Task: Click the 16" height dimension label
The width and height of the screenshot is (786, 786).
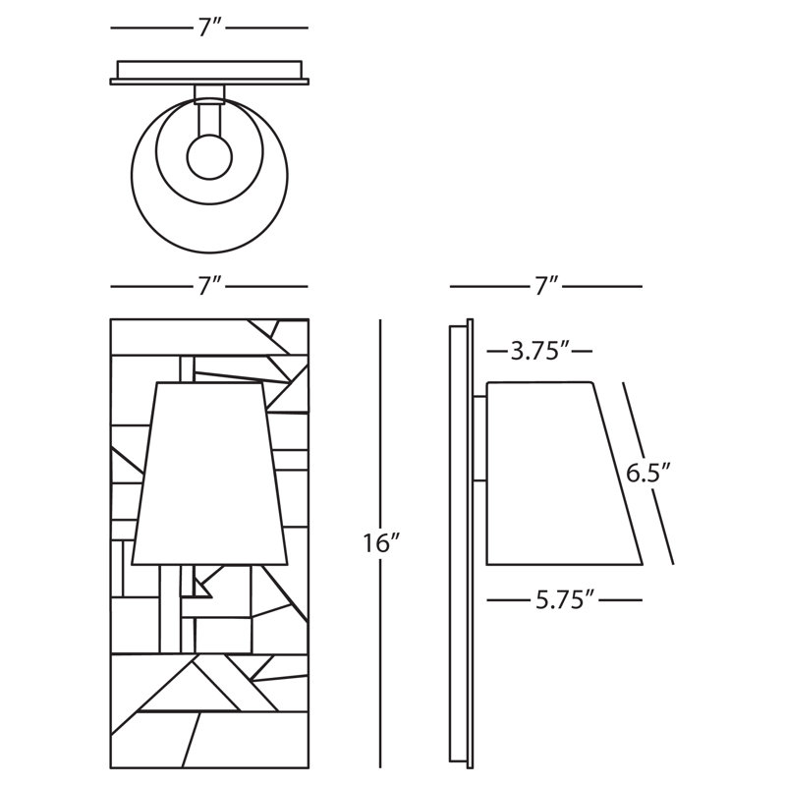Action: tap(380, 543)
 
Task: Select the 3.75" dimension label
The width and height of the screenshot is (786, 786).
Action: tap(539, 351)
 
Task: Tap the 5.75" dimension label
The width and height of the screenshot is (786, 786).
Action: tap(564, 599)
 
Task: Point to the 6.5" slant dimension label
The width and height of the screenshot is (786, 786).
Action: tap(647, 474)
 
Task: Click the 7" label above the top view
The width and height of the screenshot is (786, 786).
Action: tap(209, 28)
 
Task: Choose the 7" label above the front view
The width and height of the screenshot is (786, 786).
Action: tap(209, 286)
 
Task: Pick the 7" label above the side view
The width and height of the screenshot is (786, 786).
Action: tap(545, 286)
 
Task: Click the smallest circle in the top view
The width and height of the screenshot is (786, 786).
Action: tap(209, 156)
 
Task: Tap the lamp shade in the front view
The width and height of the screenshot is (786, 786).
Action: tap(209, 474)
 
